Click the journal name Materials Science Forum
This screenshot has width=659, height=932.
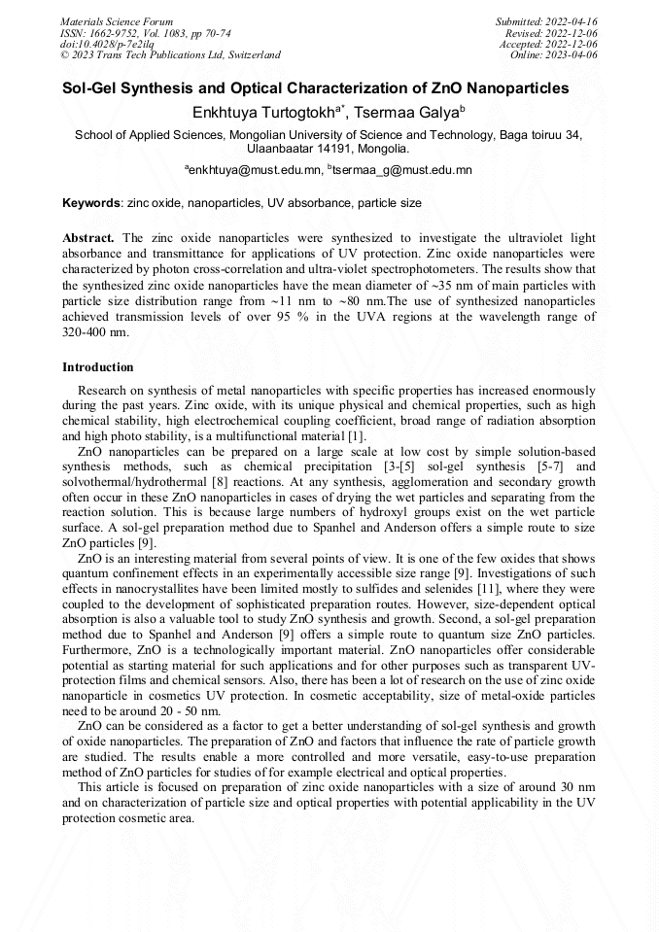117,21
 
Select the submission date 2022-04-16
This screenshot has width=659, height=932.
572,21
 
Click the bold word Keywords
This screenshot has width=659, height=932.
91,204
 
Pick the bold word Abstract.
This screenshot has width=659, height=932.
88,238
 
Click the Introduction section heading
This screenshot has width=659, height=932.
98,367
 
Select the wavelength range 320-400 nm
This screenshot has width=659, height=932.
95,332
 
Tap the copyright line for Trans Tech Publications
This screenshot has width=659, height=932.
170,55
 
